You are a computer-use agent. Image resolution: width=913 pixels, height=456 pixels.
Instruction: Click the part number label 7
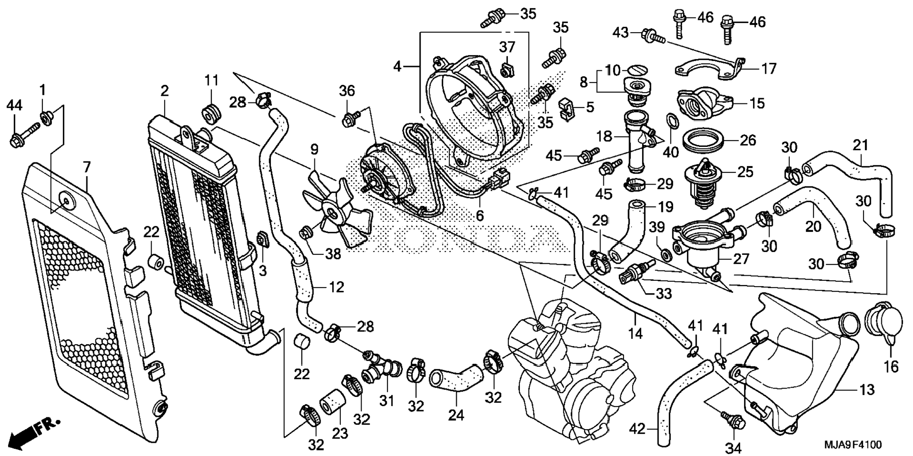[86, 167]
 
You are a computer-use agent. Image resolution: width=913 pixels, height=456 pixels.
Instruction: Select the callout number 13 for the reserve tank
[867, 390]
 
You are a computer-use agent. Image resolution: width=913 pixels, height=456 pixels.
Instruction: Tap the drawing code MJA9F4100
[853, 445]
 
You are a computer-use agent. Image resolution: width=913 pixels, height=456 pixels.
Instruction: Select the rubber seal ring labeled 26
[704, 141]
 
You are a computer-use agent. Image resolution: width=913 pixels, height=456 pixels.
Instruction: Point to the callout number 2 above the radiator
[164, 91]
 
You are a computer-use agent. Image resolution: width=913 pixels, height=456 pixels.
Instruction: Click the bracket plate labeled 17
[708, 69]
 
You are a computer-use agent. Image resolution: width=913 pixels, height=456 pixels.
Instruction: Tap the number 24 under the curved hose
[456, 415]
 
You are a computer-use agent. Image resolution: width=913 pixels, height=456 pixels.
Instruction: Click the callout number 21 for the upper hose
[860, 145]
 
